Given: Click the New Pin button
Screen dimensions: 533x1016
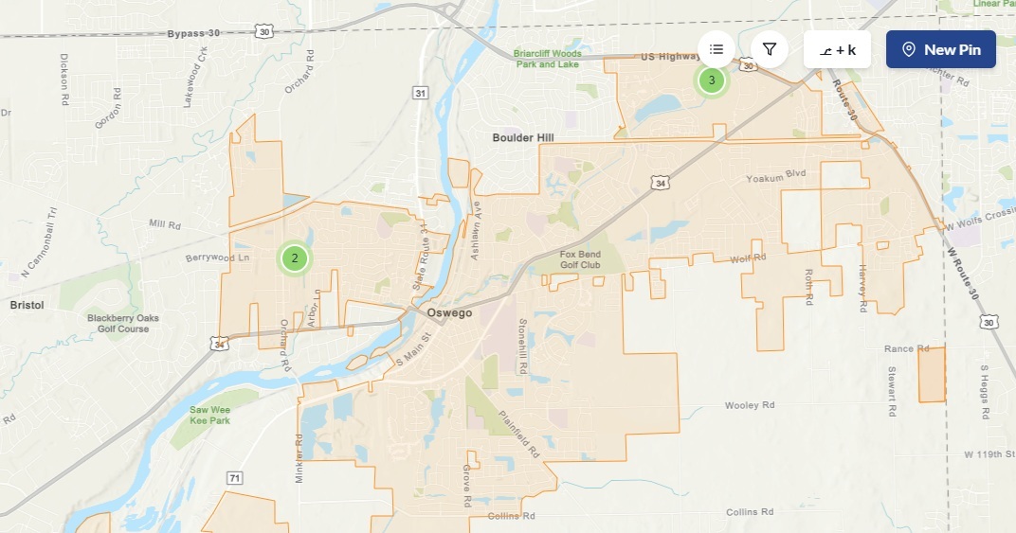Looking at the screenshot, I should click(940, 49).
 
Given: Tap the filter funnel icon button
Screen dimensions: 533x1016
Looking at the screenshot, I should click(770, 49).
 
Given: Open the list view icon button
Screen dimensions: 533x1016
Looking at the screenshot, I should click(717, 49).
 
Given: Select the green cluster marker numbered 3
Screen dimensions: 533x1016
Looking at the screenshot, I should click(712, 80).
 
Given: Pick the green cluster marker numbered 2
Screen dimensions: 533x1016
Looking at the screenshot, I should click(295, 257).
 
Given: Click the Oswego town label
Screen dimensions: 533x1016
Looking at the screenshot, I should click(449, 312).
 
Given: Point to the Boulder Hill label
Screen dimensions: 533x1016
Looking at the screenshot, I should click(522, 138).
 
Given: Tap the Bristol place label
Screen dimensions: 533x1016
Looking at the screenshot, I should click(27, 306).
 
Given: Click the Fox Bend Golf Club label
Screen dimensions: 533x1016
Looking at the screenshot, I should click(580, 259).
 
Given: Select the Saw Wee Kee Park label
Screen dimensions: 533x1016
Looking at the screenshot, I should click(209, 415).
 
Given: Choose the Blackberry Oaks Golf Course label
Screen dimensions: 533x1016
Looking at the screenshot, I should click(123, 323).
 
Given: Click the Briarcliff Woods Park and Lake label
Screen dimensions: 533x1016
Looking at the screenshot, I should click(548, 59).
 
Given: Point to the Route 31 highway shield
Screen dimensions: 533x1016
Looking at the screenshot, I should click(420, 92).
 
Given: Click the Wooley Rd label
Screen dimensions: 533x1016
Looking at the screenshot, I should click(750, 405).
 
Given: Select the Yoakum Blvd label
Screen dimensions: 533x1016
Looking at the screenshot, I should click(774, 177).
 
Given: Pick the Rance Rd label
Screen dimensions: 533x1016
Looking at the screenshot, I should click(899, 349).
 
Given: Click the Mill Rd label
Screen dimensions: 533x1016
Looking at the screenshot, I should click(164, 224).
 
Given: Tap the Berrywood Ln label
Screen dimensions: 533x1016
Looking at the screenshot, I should click(217, 258).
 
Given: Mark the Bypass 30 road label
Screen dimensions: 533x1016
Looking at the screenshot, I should click(193, 33).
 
